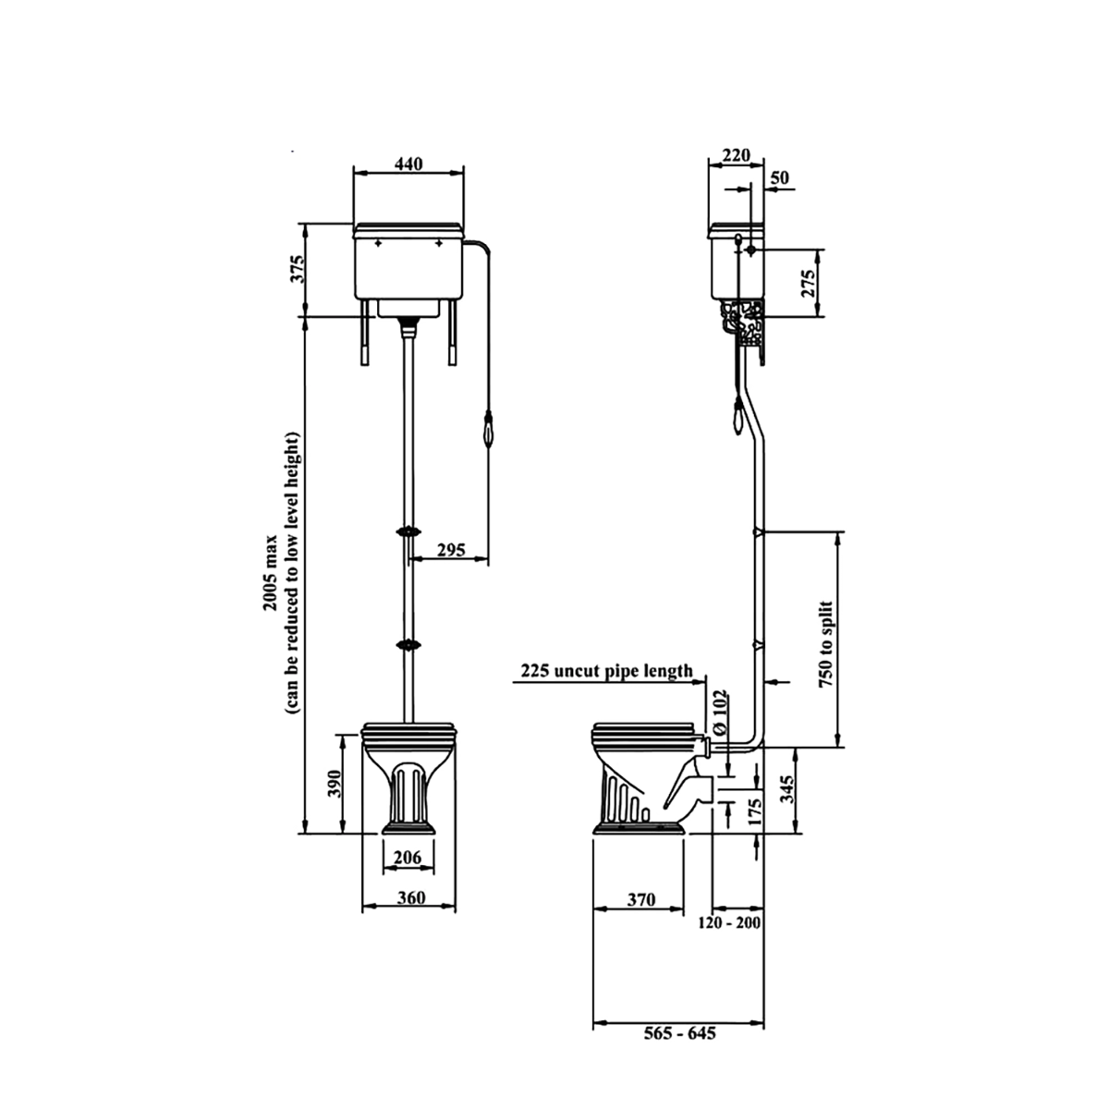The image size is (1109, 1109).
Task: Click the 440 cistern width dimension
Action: click(x=408, y=164)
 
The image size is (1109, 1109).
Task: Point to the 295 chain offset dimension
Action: click(x=449, y=551)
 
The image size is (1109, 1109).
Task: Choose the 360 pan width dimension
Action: click(x=410, y=897)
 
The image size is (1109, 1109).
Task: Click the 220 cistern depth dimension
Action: click(x=737, y=154)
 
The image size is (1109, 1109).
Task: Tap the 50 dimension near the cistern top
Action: click(x=780, y=177)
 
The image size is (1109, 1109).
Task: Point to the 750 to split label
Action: click(x=825, y=642)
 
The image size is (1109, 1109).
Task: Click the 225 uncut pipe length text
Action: click(x=606, y=671)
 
